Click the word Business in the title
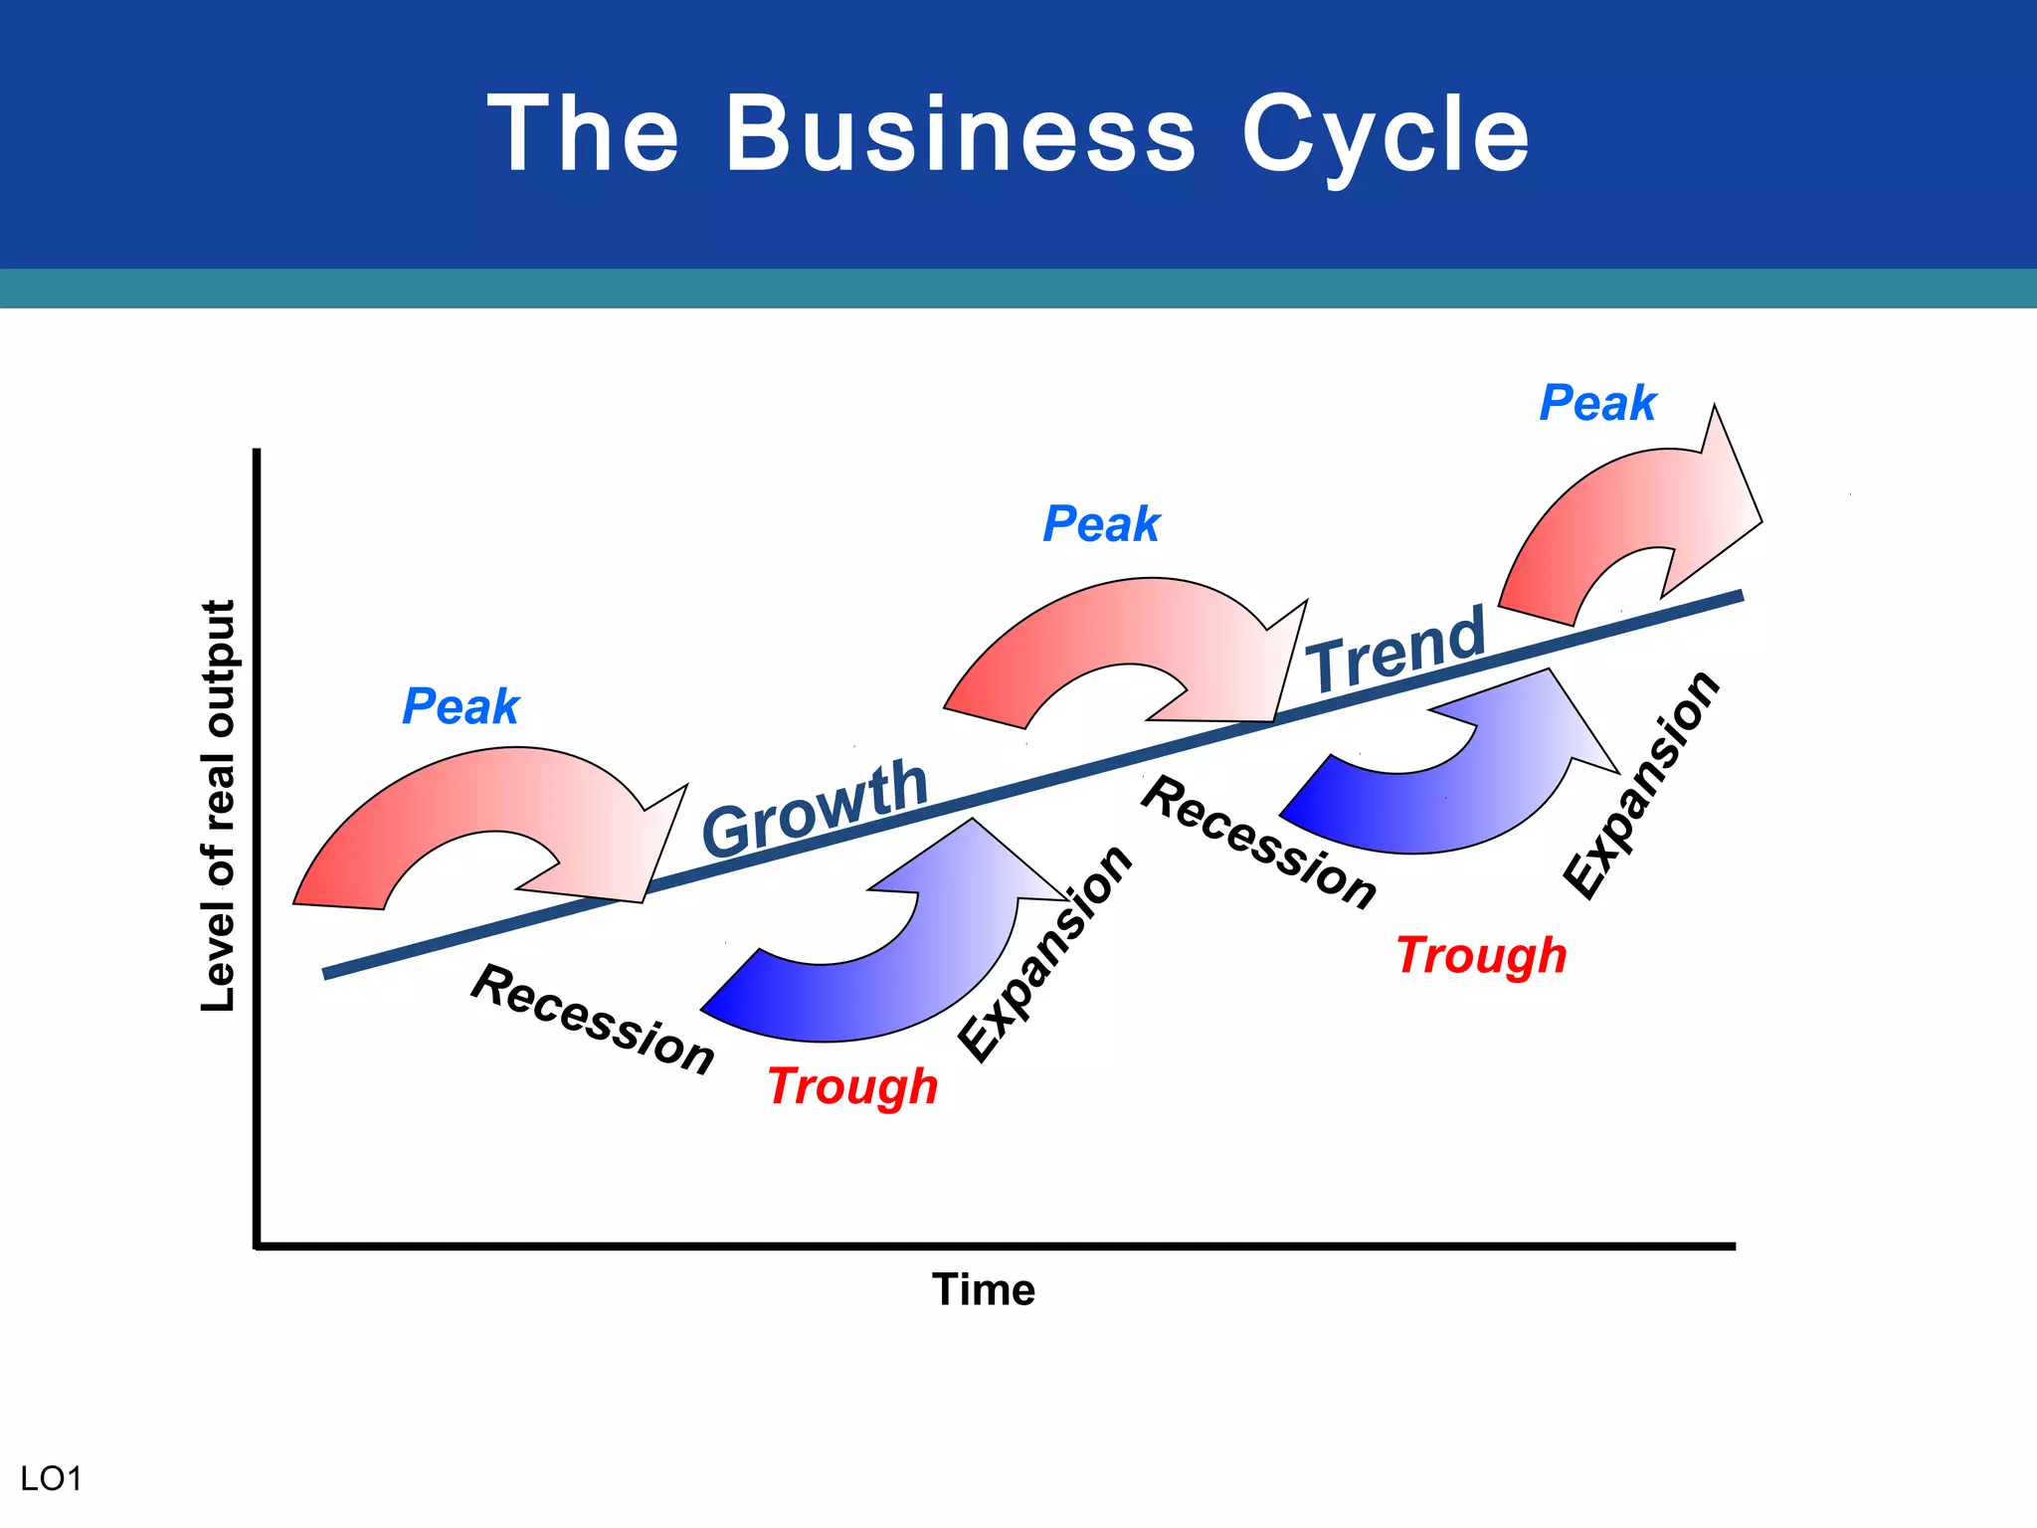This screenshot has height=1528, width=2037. (960, 134)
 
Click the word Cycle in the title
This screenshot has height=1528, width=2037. (1385, 134)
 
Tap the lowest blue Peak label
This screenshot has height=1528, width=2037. (461, 706)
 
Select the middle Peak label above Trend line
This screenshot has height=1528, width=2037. (1101, 523)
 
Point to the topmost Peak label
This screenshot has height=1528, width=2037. (1597, 403)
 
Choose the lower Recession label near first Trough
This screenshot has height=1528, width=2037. (593, 1019)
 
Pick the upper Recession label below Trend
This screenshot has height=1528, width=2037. (1259, 842)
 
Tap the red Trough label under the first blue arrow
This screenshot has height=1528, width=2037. (852, 1085)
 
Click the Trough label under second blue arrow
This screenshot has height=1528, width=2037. (1481, 955)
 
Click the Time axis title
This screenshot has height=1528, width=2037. (984, 1289)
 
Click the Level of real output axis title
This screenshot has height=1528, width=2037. (218, 806)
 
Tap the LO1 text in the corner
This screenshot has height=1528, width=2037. (51, 1478)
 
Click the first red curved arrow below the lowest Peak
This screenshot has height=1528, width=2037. (467, 796)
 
